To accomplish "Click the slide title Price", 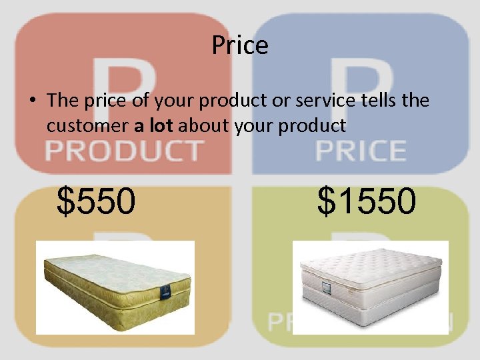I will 240,45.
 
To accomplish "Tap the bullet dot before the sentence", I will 31,101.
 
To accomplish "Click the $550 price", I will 96,201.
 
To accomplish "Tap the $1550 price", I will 367,201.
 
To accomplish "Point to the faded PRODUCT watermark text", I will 124,151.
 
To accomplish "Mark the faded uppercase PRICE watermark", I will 361,151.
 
